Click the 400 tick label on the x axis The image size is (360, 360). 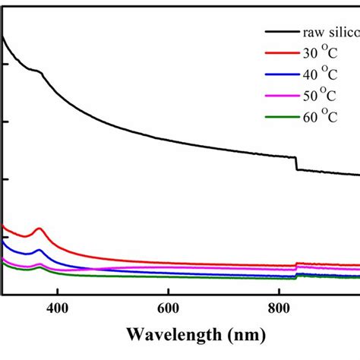(57, 309)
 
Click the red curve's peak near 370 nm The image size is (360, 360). (39, 229)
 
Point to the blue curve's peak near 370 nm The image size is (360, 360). (39, 250)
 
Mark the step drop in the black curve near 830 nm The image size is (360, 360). (295, 163)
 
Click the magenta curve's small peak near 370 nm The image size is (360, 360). (39, 263)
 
